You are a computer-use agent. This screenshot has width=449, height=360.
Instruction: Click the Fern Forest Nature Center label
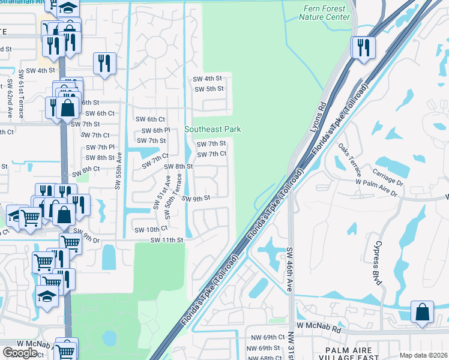coord(324,13)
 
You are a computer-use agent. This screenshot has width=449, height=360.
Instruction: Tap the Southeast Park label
coord(212,129)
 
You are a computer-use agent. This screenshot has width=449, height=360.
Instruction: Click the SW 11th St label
coord(166,240)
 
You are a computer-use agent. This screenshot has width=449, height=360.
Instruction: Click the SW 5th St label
coord(209,89)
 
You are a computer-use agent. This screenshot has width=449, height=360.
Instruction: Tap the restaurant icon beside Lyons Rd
coord(363,47)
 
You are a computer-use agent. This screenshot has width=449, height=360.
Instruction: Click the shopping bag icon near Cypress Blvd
coord(423,312)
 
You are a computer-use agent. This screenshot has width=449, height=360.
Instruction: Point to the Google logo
coord(20,352)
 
